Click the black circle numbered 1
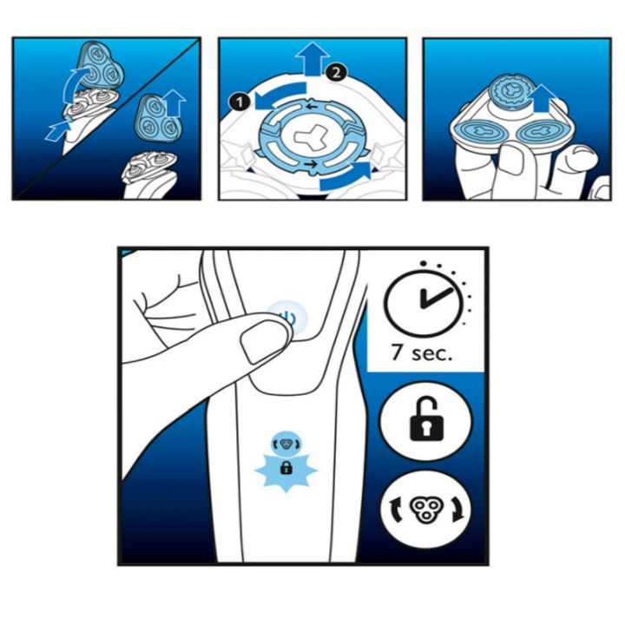240,102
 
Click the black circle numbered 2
336,73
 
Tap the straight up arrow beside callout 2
312,58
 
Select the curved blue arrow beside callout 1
279,95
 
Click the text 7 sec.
422,352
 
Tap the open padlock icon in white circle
426,418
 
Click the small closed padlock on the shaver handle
286,467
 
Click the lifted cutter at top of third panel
511,93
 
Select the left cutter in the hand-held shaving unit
483,132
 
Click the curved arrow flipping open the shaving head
74,84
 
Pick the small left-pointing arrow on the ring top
312,107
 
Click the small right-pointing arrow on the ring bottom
311,164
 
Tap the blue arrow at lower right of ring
345,176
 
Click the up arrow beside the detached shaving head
174,102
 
